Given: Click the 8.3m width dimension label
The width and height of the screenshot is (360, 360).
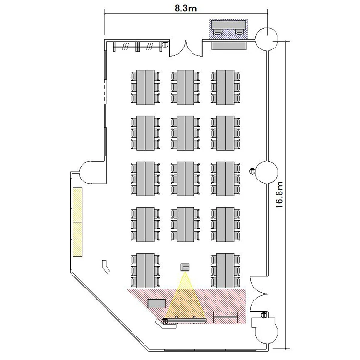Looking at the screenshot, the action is pyautogui.click(x=186, y=8).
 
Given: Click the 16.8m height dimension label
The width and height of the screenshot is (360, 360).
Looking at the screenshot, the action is pyautogui.click(x=279, y=195).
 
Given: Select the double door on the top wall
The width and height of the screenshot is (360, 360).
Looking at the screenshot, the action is pyautogui.click(x=186, y=48).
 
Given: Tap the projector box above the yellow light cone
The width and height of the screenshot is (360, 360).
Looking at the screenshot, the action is pyautogui.click(x=185, y=267).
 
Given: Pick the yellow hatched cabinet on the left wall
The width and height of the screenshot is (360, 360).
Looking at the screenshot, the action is pyautogui.click(x=78, y=222).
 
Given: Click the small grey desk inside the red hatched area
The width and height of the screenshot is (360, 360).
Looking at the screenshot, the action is pyautogui.click(x=156, y=303).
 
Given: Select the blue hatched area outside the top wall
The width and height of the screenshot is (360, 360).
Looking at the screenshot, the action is pyautogui.click(x=228, y=29).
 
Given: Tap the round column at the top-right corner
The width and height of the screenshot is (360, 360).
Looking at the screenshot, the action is pyautogui.click(x=267, y=39).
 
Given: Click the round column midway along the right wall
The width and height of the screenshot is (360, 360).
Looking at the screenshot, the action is pyautogui.click(x=267, y=173).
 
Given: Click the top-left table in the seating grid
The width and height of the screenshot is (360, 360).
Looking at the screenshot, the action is pyautogui.click(x=145, y=87).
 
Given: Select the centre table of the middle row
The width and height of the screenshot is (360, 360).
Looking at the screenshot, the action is pyautogui.click(x=185, y=179).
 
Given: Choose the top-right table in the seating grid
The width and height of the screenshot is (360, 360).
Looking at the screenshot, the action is pyautogui.click(x=226, y=87).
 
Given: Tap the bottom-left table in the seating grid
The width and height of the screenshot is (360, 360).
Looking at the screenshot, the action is pyautogui.click(x=145, y=271).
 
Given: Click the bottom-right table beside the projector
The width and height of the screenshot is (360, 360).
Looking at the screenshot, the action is pyautogui.click(x=226, y=271).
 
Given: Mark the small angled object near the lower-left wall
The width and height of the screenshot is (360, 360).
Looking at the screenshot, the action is pyautogui.click(x=106, y=266).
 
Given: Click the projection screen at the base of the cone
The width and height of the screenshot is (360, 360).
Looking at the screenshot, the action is pyautogui.click(x=185, y=321).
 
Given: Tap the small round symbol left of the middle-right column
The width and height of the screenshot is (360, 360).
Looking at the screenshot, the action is pyautogui.click(x=252, y=171).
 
